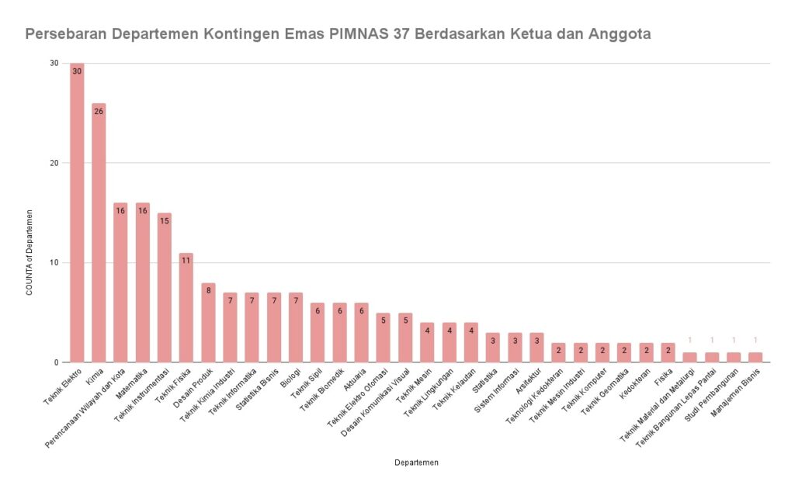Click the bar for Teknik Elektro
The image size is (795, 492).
point(77,213)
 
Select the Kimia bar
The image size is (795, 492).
point(99,233)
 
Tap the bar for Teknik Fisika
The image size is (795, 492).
point(186,307)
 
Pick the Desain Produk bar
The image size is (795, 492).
point(208,322)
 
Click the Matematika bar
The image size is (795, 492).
point(143,282)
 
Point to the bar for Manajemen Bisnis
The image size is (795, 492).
point(756,358)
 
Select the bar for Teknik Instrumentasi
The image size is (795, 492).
point(165,287)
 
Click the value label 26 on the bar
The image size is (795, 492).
point(99,111)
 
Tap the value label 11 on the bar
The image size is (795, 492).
point(186,260)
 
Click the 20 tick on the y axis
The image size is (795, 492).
point(54,163)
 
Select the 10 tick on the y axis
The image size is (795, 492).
point(54,262)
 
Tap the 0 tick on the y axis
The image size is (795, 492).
point(57,362)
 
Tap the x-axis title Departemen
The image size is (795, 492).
point(416,463)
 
